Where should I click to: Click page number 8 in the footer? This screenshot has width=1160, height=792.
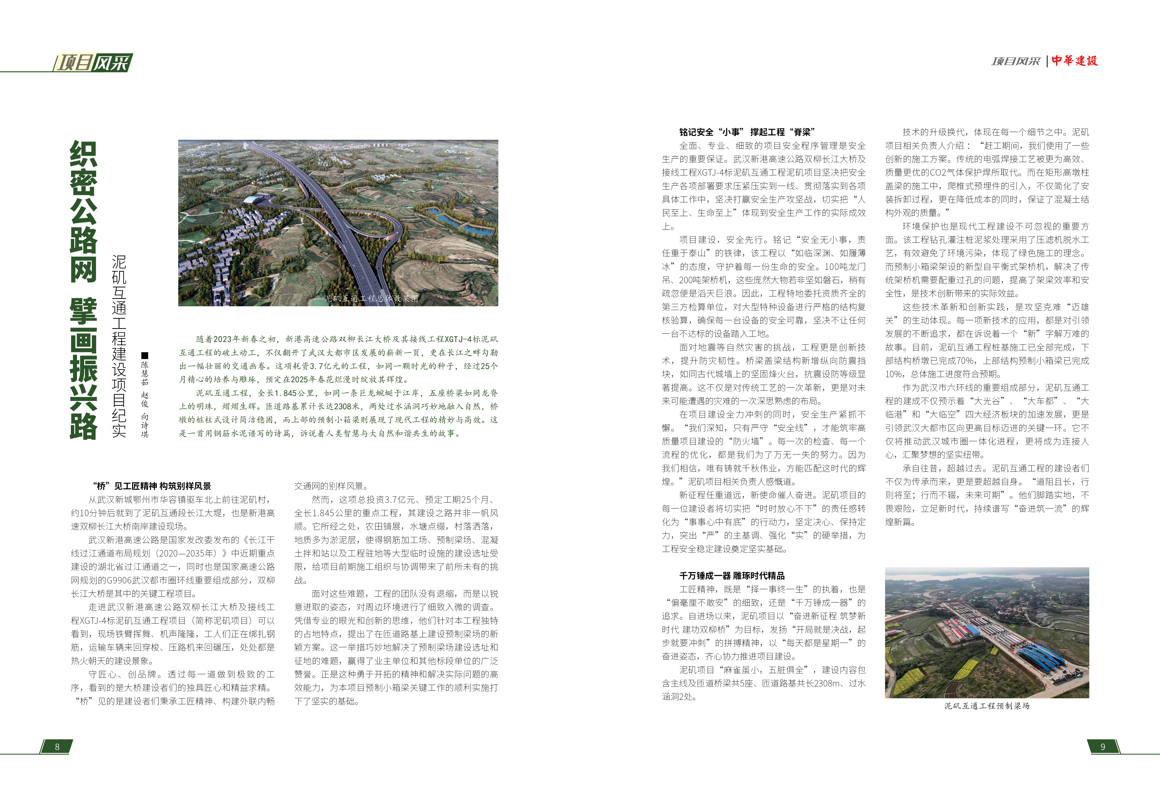tap(57, 747)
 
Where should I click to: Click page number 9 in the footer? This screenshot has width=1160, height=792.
tap(1103, 747)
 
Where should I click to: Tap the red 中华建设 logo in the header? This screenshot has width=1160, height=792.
tap(1075, 61)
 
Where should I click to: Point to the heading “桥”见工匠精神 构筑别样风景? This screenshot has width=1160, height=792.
tap(152, 486)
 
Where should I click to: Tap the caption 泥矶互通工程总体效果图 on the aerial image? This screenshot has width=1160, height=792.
tap(371, 298)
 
